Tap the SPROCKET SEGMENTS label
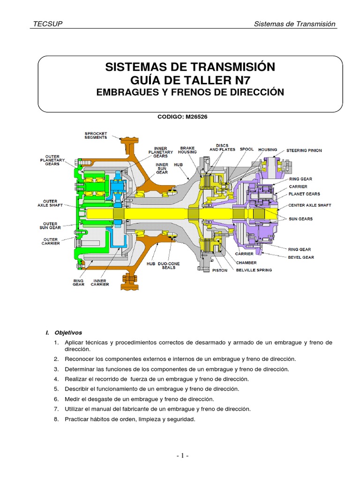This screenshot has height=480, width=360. click(96, 135)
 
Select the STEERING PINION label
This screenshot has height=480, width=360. click(304, 150)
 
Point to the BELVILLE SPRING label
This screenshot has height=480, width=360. click(254, 270)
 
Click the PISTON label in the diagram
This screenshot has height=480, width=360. click(219, 270)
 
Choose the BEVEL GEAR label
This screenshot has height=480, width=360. click(301, 257)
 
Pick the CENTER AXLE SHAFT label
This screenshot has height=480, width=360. click(310, 205)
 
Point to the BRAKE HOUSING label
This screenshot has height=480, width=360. click(187, 150)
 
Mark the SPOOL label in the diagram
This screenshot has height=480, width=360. click(247, 150)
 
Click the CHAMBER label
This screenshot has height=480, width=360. click(246, 263)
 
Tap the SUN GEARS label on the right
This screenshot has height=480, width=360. click(301, 219)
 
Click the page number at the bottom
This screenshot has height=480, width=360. click(182, 456)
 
